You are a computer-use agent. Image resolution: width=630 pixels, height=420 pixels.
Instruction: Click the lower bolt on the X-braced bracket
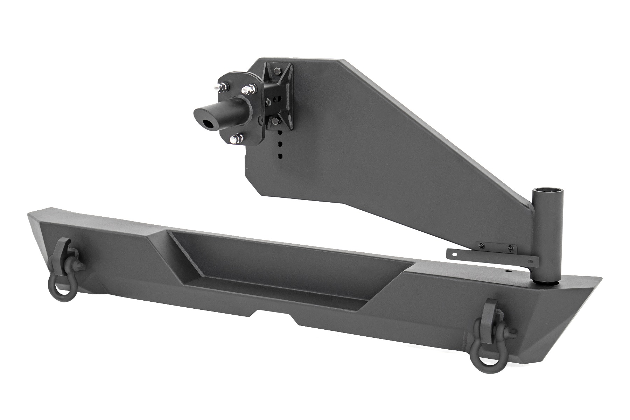275,121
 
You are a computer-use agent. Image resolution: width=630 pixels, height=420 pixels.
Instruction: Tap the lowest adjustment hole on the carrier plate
280,155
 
